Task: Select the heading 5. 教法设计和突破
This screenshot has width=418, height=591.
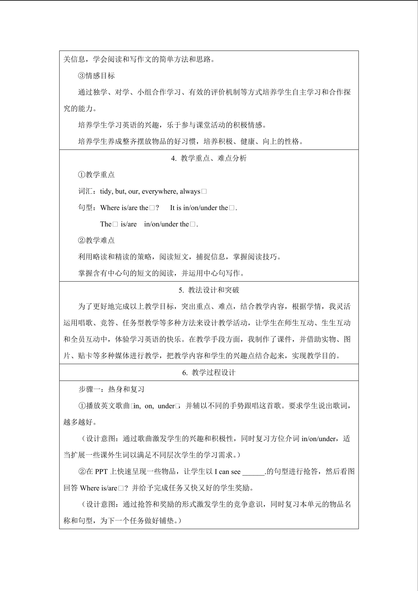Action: point(209,290)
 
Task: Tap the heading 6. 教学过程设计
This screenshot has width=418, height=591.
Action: point(209,372)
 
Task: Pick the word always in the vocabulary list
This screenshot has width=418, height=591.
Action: point(190,192)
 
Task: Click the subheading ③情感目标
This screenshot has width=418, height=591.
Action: point(96,76)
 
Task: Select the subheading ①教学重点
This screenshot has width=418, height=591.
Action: point(96,175)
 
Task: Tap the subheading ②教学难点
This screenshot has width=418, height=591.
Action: point(96,240)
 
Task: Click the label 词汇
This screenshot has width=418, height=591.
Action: point(85,191)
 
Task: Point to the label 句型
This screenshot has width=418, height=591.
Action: point(85,207)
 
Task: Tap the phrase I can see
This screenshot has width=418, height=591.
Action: point(228,472)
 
